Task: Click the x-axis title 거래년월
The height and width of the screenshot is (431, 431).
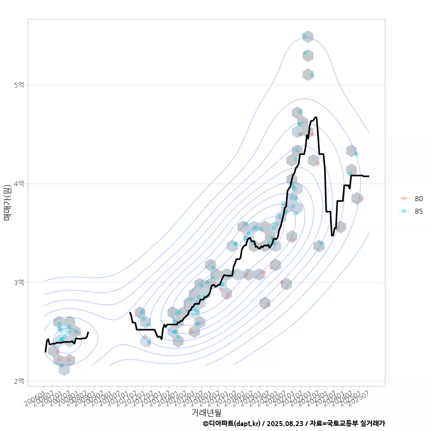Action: point(206,412)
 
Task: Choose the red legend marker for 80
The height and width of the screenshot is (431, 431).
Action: point(404,198)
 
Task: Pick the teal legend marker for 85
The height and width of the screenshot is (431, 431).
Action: point(404,211)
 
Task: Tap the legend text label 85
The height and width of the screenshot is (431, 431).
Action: point(419,211)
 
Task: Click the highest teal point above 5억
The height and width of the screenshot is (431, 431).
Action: point(304,35)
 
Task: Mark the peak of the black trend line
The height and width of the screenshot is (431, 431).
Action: point(316,117)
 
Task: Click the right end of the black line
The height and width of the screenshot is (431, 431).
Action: point(369,176)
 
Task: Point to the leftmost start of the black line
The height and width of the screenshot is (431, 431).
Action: point(45,352)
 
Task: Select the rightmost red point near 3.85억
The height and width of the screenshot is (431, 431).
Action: point(362,198)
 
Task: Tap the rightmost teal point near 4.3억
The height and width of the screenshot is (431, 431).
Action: point(356,154)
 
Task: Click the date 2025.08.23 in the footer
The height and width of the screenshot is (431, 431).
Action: point(282,423)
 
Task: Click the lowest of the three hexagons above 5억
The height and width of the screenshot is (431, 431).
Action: point(308,75)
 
